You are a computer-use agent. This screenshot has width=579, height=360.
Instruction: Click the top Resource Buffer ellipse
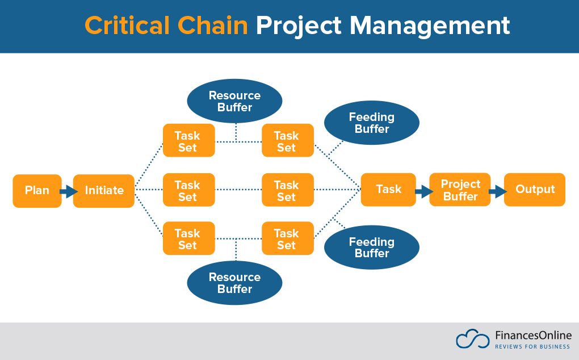coord(234,101)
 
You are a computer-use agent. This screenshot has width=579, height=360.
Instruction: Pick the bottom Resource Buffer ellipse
coord(234,283)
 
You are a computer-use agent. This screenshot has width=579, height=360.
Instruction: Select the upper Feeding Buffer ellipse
coord(371,123)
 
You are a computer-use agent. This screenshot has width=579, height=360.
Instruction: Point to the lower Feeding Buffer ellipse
coord(371,248)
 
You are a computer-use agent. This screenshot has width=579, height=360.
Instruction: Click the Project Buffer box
coord(460,190)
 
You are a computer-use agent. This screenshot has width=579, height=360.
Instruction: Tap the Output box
coord(534,190)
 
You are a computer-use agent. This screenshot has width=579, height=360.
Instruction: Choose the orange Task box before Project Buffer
coord(388,190)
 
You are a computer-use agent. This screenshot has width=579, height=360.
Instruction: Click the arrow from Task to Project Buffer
coord(423,191)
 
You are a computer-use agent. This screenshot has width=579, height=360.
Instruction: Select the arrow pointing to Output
coord(497,191)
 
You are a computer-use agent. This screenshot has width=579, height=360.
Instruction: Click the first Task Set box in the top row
coord(188,140)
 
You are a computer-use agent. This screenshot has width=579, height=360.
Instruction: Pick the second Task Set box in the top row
coord(287,140)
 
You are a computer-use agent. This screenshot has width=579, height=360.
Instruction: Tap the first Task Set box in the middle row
coord(188,190)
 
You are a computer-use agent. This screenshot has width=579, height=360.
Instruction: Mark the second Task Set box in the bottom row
coord(287,238)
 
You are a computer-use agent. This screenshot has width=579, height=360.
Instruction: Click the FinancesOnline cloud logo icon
coord(472,339)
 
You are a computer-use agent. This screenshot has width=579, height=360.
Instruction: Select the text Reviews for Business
coord(532,346)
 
